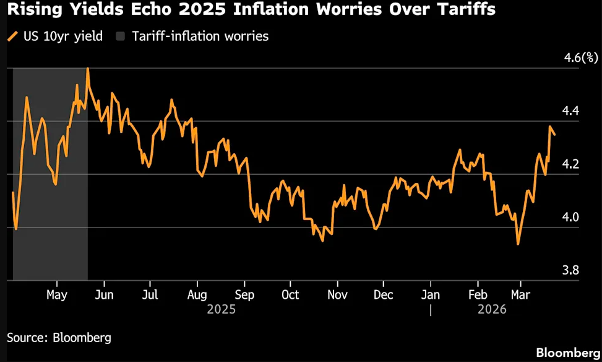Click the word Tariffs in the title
(467, 10)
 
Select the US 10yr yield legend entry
(61, 36)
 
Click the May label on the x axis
(57, 294)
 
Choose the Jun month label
(104, 294)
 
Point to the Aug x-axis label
(196, 294)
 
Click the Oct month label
(290, 294)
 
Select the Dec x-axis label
(383, 294)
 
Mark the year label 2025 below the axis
(221, 309)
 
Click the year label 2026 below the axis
(492, 309)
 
